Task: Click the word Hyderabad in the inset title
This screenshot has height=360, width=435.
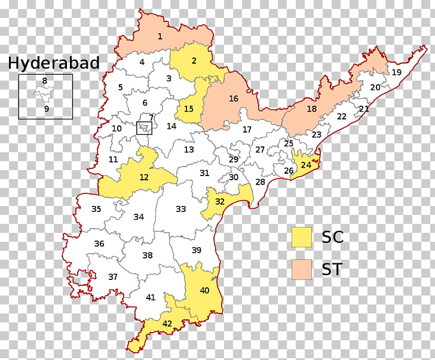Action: coord(53,63)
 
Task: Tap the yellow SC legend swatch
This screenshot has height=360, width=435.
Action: coord(302,237)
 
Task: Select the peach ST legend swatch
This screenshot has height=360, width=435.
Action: coord(302,269)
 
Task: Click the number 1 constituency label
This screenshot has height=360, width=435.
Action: coord(160,36)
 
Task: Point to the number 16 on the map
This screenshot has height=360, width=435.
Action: coord(234,99)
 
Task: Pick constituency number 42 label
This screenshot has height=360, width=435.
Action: coord(167,324)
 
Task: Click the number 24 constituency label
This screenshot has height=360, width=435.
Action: coord(306,165)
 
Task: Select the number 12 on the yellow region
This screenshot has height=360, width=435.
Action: coord(144,177)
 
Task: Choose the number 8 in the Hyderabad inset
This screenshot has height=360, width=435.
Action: coord(45,81)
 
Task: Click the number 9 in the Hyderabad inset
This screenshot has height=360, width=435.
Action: coord(47,109)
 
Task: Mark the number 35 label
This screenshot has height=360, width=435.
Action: coord(96,209)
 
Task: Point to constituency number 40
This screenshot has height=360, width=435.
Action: coord(205,291)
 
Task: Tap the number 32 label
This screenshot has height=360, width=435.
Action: coord(220,202)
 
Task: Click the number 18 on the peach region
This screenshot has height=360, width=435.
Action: coord(312,109)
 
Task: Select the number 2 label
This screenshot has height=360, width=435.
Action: coord(194,60)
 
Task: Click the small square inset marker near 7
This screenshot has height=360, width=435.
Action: coord(144,127)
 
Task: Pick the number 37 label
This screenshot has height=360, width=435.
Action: coord(112,277)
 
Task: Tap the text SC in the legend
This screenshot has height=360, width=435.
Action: coord(333,237)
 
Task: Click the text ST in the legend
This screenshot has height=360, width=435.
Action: coord(333,269)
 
